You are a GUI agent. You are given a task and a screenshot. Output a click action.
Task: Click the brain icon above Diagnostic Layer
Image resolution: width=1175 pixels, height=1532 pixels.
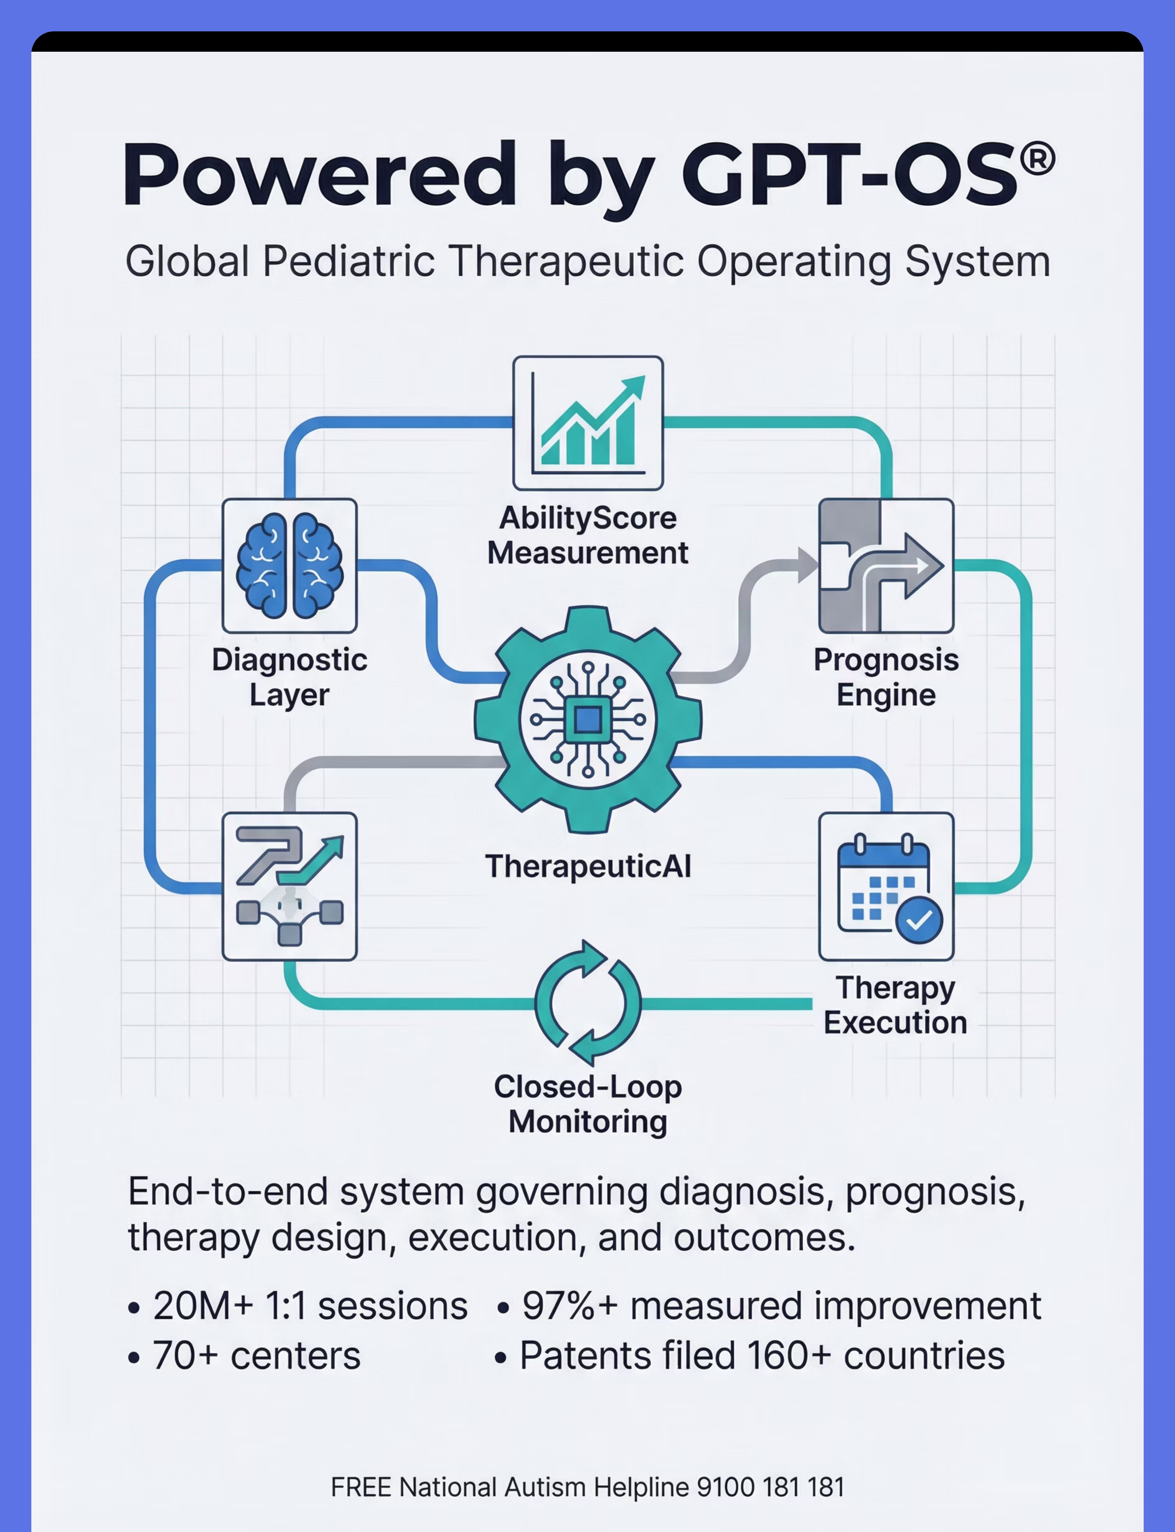(x=290, y=565)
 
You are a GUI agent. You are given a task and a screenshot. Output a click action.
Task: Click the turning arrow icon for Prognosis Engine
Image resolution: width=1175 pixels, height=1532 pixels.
(x=886, y=565)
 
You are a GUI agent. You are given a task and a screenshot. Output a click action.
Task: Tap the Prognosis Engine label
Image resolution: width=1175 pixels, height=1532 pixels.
(x=886, y=677)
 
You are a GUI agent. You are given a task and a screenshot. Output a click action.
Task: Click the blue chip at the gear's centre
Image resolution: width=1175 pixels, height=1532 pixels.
(x=587, y=719)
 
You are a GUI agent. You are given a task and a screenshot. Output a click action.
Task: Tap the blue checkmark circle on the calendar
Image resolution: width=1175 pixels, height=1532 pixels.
(x=919, y=920)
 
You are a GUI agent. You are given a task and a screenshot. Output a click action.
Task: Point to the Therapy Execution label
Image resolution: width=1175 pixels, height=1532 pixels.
(x=895, y=1005)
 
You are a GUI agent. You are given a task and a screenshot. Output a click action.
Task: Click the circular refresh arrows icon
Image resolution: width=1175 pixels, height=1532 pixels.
(x=587, y=1003)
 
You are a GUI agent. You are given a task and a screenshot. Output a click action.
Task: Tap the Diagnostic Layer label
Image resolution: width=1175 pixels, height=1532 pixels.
(x=290, y=677)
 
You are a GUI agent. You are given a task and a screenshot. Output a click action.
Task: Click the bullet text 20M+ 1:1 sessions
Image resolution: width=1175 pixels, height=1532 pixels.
(x=310, y=1306)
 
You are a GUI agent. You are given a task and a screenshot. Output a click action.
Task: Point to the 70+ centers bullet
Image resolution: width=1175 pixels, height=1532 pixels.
(x=256, y=1356)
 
